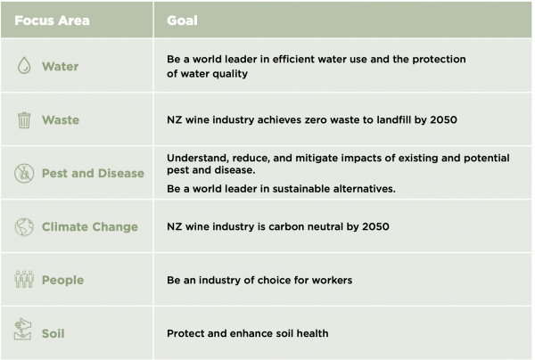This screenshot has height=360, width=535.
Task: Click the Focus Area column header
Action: point(52,20)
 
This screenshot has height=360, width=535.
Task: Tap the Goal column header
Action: point(182,20)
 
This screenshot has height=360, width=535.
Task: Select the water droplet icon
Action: point(24,65)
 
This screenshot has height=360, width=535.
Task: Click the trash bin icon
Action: point(24,120)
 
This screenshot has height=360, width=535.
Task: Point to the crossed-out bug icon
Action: point(24,173)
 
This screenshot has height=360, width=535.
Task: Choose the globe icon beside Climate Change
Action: point(24,226)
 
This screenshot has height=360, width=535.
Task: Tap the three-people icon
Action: point(24,279)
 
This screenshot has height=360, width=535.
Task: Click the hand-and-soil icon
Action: point(22,329)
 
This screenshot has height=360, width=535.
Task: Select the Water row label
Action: point(60,66)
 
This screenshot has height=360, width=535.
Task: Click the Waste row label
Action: point(61,120)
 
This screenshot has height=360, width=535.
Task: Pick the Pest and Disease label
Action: point(93,173)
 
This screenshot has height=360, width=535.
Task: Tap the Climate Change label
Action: point(90,226)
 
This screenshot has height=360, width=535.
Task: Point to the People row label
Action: point(62,280)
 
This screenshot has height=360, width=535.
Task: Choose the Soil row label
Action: point(53,333)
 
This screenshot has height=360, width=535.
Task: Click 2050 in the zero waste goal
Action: point(443,119)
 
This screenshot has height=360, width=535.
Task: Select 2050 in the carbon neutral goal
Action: point(375,226)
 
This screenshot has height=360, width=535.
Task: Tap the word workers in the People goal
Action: point(332,280)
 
